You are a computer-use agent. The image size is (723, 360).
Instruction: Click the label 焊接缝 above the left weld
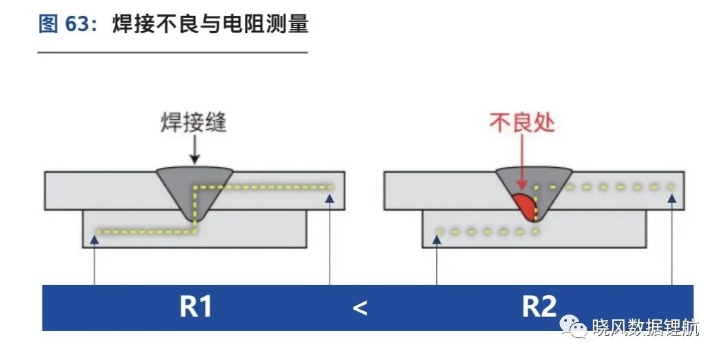point(194,123)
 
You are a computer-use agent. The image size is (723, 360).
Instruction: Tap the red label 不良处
point(521,123)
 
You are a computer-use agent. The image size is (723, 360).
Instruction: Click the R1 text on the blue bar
point(195,306)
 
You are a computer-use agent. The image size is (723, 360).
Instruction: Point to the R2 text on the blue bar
point(539,306)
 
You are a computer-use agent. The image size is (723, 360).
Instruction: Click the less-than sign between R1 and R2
point(360,308)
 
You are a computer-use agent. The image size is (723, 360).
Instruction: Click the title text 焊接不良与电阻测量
point(211,23)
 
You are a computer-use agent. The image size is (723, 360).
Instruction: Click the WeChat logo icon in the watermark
point(573,326)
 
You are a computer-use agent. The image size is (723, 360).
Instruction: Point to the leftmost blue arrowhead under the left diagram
point(94,239)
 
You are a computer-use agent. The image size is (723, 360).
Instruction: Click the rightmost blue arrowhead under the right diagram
point(672,198)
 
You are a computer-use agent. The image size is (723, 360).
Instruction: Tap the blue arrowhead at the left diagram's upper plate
point(330,198)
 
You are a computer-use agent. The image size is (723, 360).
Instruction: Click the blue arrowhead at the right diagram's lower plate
point(436,239)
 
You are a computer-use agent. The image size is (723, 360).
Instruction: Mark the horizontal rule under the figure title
point(173,52)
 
